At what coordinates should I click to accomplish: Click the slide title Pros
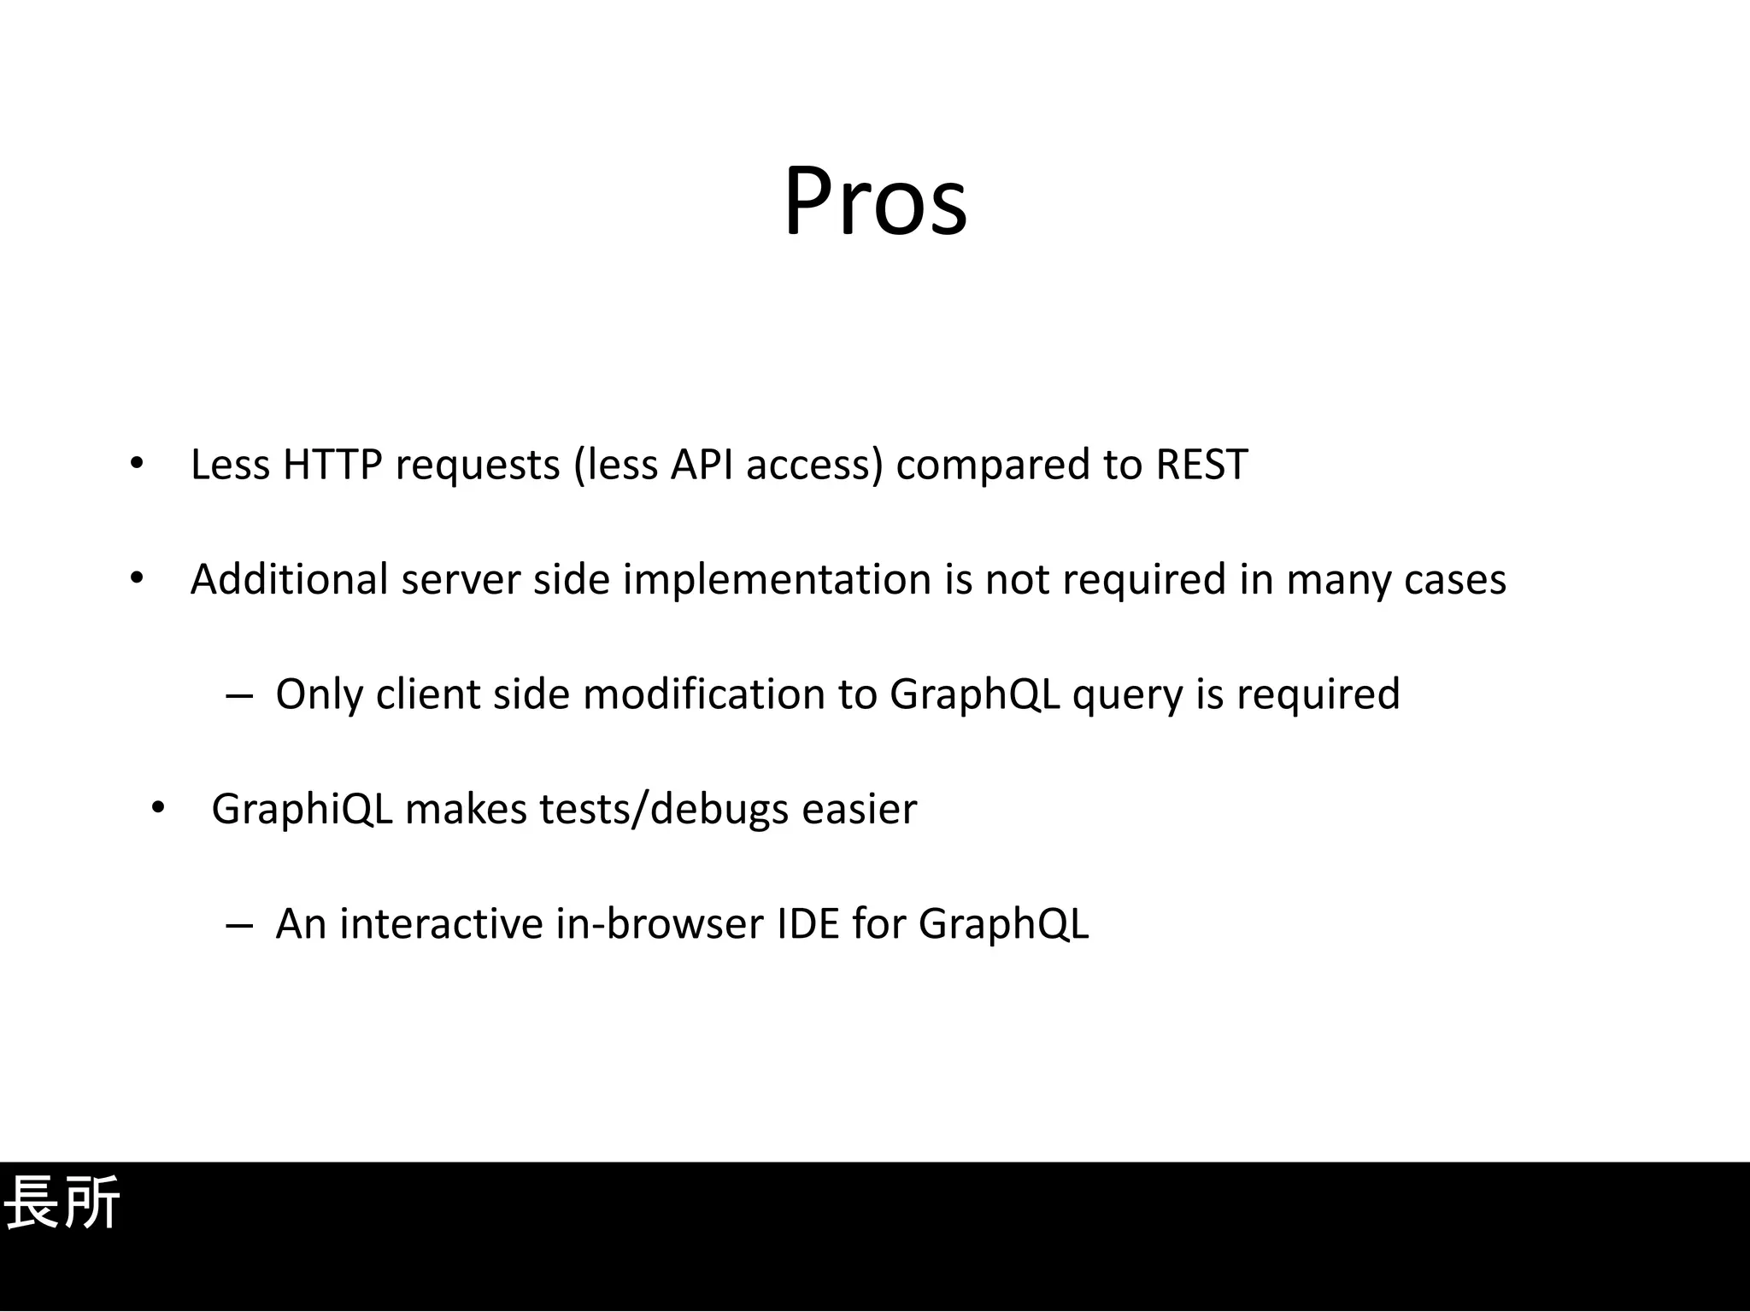click(875, 202)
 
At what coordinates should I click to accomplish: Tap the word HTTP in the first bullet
click(332, 466)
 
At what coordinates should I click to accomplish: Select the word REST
click(1201, 466)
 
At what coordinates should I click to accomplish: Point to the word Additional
click(289, 580)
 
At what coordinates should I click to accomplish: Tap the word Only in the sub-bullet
click(319, 694)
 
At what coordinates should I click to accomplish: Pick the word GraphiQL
click(302, 810)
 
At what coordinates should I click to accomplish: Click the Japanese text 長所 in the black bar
click(62, 1203)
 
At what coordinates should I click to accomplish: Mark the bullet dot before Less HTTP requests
click(137, 465)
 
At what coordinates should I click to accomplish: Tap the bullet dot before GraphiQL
click(157, 808)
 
